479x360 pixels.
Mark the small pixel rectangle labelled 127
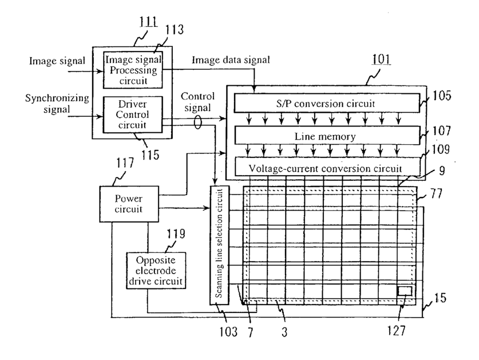click(404, 290)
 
